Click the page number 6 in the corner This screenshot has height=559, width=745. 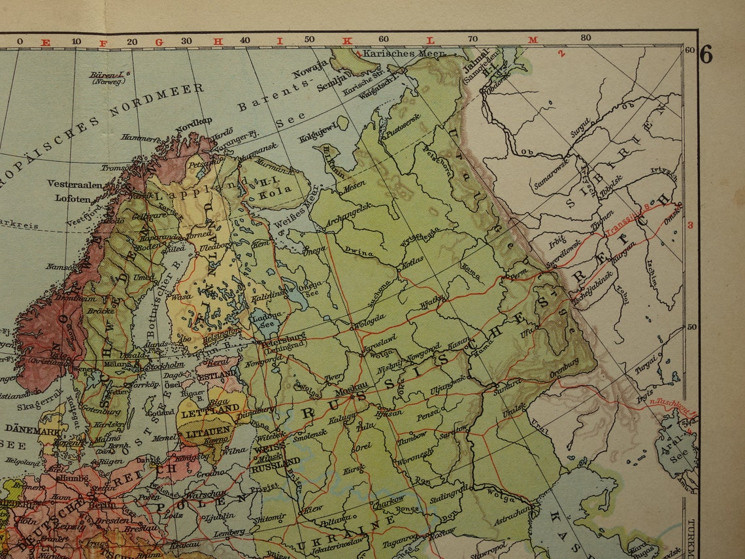click(706, 55)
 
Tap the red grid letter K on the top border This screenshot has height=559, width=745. click(348, 41)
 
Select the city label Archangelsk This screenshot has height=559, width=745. click(348, 207)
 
